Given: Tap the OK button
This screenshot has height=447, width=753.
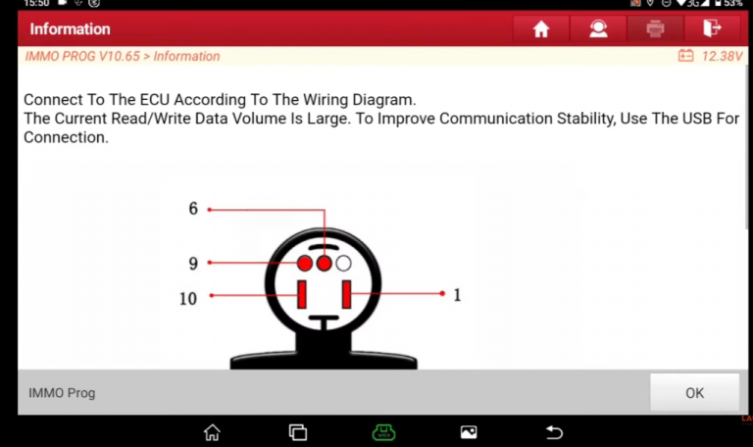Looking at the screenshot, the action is pyautogui.click(x=694, y=392).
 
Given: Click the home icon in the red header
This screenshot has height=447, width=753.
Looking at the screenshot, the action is pyautogui.click(x=541, y=28).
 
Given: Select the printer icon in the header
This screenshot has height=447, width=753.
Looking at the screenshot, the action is pyautogui.click(x=655, y=28).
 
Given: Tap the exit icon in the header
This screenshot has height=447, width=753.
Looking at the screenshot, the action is pyautogui.click(x=712, y=28).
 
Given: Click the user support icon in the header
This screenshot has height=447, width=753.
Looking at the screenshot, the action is pyautogui.click(x=598, y=28).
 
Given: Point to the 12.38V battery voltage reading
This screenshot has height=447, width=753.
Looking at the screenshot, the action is pyautogui.click(x=722, y=56).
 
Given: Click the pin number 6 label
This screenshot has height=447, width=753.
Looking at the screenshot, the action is pyautogui.click(x=193, y=209).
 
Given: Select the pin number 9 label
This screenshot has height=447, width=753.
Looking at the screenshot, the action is pyautogui.click(x=193, y=263).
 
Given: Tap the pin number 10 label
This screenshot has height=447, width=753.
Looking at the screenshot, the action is pyautogui.click(x=188, y=299).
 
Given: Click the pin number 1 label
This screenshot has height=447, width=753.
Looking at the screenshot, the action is pyautogui.click(x=457, y=295).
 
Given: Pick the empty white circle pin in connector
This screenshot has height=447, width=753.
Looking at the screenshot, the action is pyautogui.click(x=343, y=263).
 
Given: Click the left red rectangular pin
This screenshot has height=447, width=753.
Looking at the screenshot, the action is pyautogui.click(x=302, y=294).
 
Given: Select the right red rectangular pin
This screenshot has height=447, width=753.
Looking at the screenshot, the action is pyautogui.click(x=346, y=294).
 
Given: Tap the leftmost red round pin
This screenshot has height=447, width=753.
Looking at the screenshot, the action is pyautogui.click(x=305, y=263).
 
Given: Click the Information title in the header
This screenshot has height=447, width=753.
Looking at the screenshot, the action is pyautogui.click(x=71, y=28).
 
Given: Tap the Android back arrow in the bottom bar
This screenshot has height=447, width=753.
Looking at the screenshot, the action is pyautogui.click(x=554, y=432).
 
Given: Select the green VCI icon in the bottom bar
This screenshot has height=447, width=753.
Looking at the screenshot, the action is pyautogui.click(x=383, y=432).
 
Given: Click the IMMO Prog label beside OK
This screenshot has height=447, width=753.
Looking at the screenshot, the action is pyautogui.click(x=62, y=393).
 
